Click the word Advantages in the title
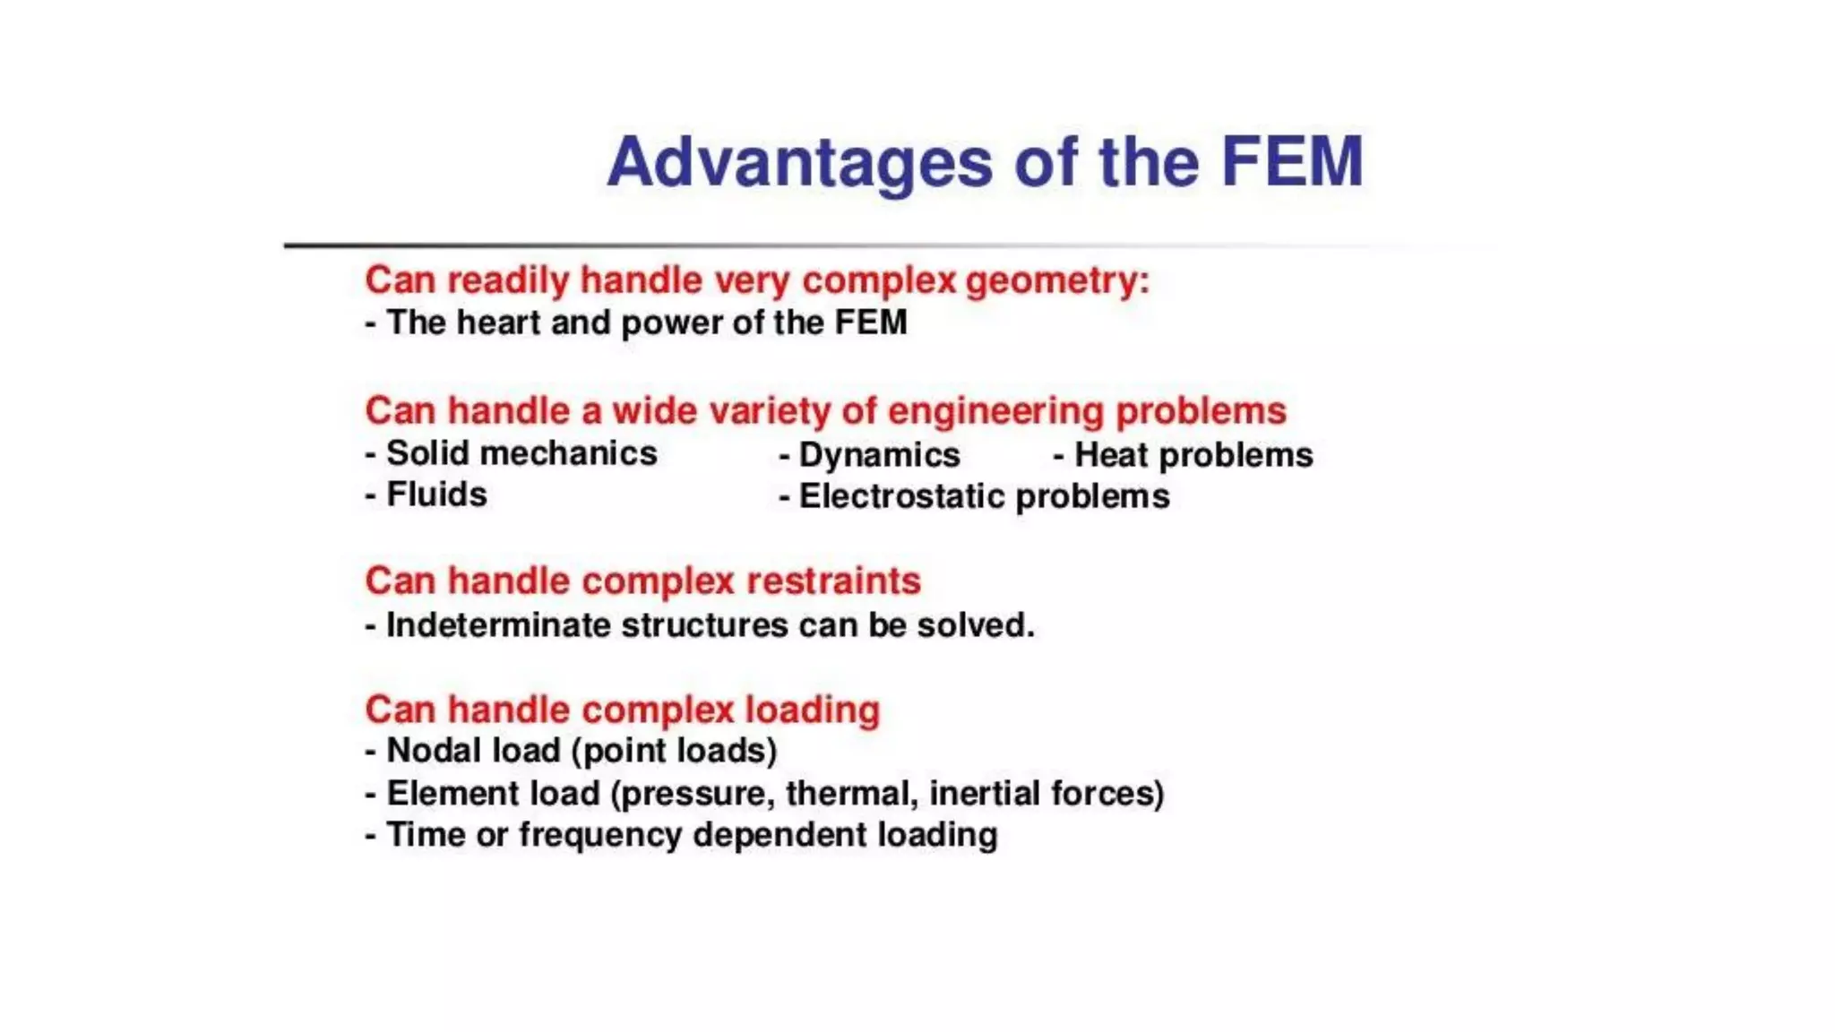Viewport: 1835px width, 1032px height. coord(799,163)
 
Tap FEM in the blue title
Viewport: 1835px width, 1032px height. coord(1291,161)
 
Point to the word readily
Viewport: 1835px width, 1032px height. coord(508,280)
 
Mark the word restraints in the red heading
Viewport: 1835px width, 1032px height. coord(833,581)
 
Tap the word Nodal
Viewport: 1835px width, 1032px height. coord(435,751)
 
